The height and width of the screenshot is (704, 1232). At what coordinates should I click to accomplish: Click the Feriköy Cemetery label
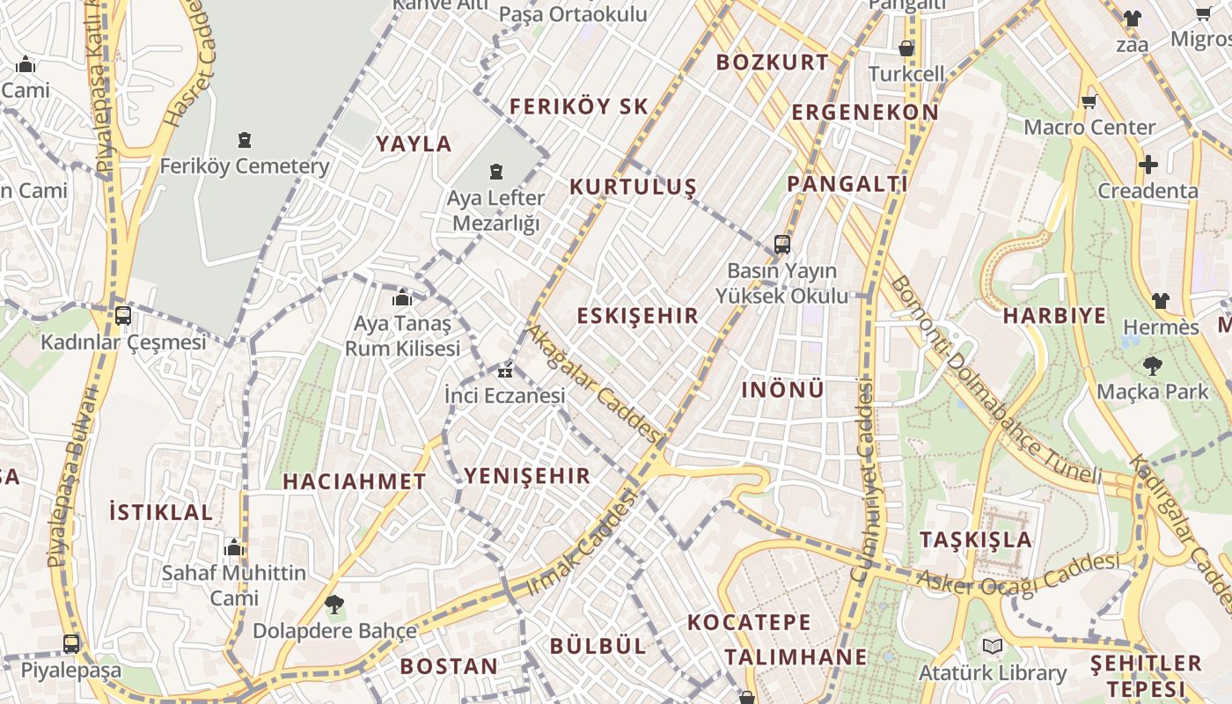pos(245,165)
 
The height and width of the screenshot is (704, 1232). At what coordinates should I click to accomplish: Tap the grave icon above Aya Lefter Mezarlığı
pos(497,171)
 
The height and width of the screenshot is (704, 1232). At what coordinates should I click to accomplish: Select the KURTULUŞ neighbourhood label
pos(633,187)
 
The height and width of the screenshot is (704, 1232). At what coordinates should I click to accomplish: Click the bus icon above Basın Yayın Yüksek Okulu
pos(782,244)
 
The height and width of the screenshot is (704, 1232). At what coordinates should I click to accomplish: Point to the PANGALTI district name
pos(847,184)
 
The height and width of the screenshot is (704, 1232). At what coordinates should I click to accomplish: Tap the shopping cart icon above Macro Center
pos(1089,102)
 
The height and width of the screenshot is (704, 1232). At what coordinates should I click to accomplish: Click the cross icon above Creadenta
pos(1148,165)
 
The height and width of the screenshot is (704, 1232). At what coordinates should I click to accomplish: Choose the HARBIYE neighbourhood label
pos(1054,315)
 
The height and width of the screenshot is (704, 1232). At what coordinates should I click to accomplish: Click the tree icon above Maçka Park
pos(1152,365)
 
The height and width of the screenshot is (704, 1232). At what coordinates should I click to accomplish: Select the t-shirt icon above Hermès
pos(1161,301)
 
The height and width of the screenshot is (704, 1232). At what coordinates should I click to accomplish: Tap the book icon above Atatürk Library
pos(993,647)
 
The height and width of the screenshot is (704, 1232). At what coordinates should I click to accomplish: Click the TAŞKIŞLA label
pos(976,539)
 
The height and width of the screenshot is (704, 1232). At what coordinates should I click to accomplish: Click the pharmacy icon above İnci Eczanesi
pos(505,370)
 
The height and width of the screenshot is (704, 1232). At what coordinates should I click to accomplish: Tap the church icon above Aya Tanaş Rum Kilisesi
pos(402,298)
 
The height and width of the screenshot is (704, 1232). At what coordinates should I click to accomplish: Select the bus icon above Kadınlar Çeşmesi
pos(123,315)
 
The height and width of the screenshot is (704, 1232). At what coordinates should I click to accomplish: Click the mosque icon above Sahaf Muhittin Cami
pos(233,547)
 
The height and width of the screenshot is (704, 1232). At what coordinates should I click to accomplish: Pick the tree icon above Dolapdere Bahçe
pos(334,605)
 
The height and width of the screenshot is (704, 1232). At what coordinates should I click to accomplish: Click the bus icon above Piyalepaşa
pos(71,643)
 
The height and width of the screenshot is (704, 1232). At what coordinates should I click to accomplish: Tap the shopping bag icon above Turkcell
pos(906,48)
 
